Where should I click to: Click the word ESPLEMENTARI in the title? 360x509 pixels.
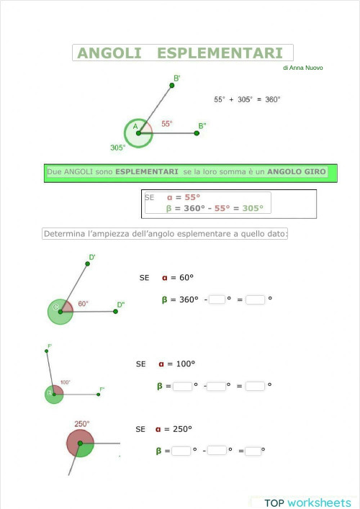click(x=220, y=53)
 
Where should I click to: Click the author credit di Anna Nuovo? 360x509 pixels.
click(x=302, y=68)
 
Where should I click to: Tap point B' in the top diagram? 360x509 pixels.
click(x=172, y=85)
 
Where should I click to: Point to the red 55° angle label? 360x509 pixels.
click(x=166, y=124)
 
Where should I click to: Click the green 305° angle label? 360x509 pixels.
click(x=118, y=148)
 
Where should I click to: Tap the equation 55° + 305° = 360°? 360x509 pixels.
click(x=247, y=99)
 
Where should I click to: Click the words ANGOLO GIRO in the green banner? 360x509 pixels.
click(x=297, y=172)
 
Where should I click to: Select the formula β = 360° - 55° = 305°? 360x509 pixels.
click(x=215, y=208)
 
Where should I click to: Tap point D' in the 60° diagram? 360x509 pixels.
click(x=87, y=264)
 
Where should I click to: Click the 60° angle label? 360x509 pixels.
click(x=84, y=304)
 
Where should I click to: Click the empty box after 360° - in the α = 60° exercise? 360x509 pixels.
click(x=217, y=299)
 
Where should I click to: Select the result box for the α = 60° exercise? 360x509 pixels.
click(x=255, y=299)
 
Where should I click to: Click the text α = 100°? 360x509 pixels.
click(x=176, y=364)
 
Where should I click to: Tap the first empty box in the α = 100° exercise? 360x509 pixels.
click(x=182, y=386)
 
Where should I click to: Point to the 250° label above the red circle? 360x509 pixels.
click(x=82, y=424)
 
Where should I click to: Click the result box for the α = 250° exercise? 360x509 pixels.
click(x=253, y=451)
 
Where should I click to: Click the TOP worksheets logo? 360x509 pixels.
click(x=307, y=503)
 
